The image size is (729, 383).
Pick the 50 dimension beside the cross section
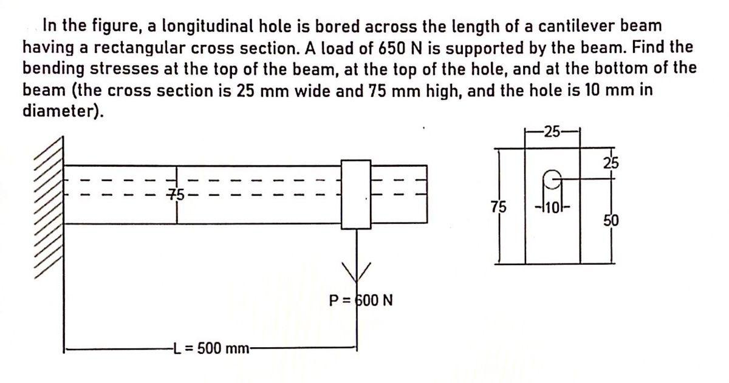click(610, 219)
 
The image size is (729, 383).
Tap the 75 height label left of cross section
click(497, 206)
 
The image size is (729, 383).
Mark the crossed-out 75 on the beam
click(176, 194)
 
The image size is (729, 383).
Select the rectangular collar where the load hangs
click(355, 194)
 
